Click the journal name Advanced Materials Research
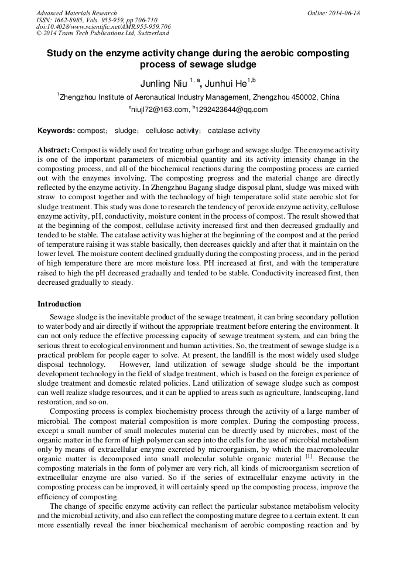pos(76,13)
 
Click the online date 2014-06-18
pos(342,13)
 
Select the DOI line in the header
pos(103,26)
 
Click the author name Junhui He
pos(227,83)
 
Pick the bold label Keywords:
pos(56,131)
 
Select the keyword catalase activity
pos(234,131)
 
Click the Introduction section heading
pos(59,304)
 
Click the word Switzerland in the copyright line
pos(140,33)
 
